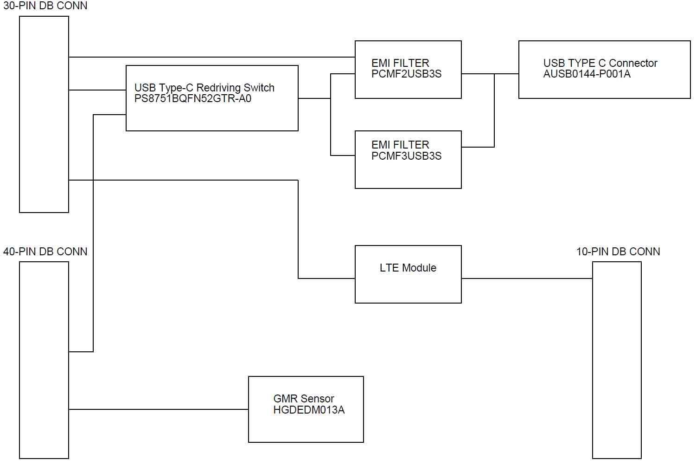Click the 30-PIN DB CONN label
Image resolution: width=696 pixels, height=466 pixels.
[45, 6]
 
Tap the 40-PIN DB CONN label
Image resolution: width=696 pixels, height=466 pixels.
[45, 252]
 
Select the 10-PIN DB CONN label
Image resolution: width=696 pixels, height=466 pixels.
[618, 252]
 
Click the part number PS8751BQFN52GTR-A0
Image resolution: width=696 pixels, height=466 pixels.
[192, 98]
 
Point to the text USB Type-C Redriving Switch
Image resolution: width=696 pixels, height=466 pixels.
[204, 88]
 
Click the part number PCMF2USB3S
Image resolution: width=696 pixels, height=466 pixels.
[406, 74]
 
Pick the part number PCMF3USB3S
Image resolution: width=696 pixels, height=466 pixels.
[406, 156]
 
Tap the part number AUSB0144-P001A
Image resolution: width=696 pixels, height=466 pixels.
[587, 74]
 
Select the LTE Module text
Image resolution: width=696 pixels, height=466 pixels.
[408, 268]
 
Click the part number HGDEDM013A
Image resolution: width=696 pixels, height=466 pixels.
[309, 410]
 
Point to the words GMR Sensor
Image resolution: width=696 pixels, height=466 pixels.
[304, 399]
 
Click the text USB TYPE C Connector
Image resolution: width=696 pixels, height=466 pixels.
[600, 63]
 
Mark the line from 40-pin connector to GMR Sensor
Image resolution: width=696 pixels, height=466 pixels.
[159, 409]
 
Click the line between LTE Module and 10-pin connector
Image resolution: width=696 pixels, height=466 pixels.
[527, 278]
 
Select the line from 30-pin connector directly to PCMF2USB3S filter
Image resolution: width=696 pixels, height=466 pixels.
[212, 57]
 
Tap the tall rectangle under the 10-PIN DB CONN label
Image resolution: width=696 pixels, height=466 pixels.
[617, 360]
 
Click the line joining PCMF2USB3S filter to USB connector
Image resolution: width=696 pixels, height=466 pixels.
[490, 74]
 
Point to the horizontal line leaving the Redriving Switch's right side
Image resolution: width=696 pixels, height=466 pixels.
[314, 98]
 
